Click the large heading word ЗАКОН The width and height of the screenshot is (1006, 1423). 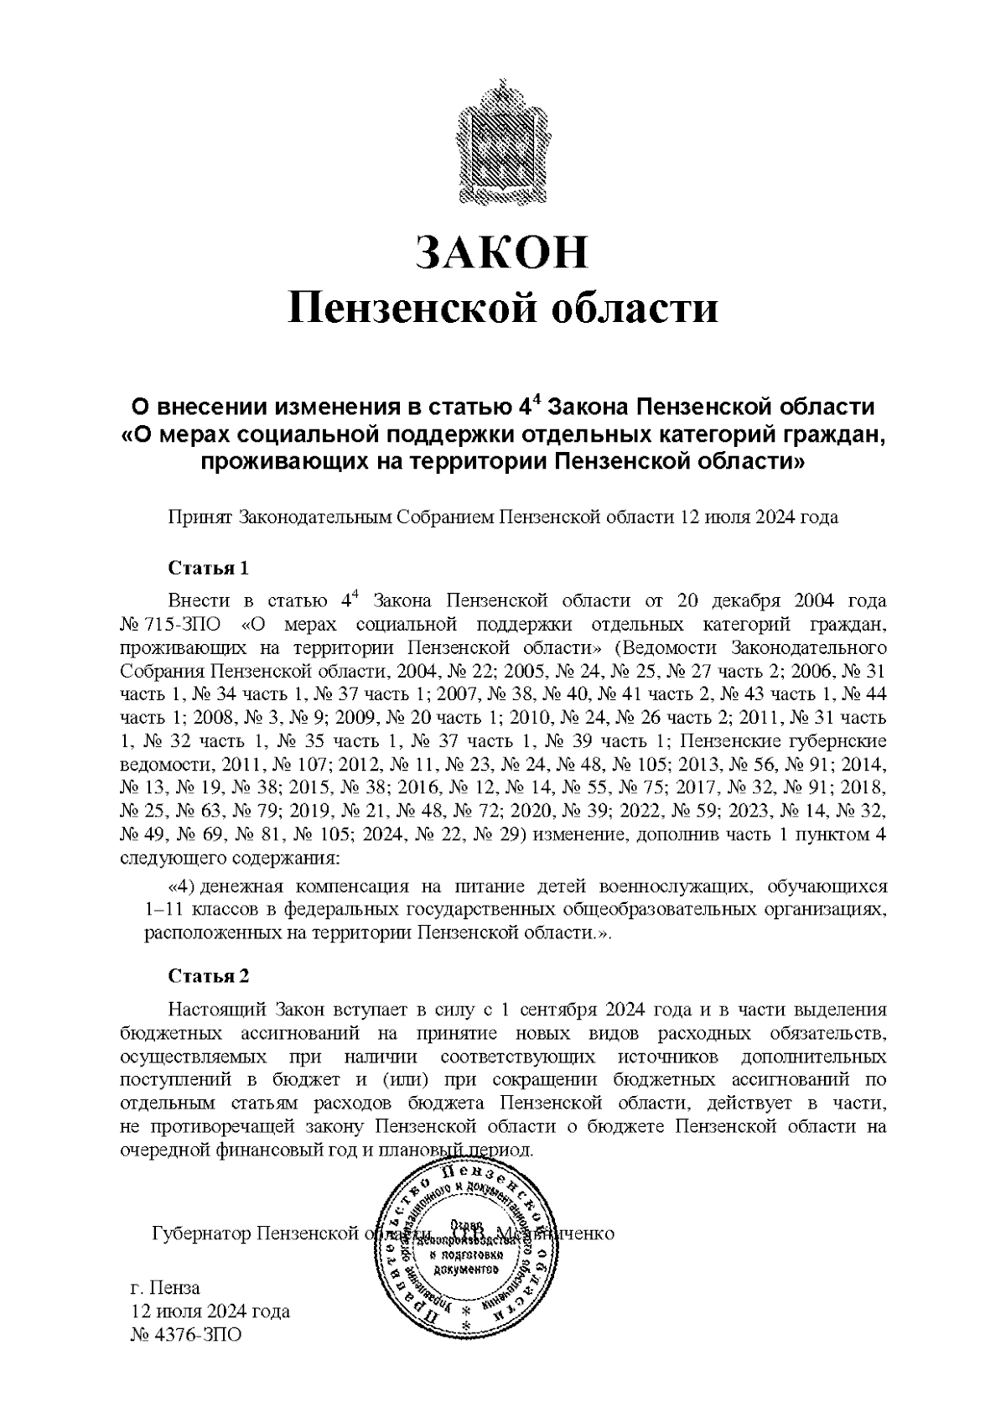tap(503, 252)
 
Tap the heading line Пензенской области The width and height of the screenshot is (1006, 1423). tap(503, 308)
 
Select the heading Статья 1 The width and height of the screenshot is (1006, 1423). tap(209, 569)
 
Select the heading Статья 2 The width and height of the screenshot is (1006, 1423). tap(209, 976)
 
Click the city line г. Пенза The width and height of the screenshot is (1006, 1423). tap(165, 1287)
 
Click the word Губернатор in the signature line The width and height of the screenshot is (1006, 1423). tap(201, 1233)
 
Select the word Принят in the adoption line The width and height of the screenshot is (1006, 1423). tap(201, 517)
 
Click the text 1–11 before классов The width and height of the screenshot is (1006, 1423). tap(163, 910)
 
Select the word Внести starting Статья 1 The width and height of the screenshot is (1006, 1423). tap(197, 601)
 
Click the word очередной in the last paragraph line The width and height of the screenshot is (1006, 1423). tap(161, 1150)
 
